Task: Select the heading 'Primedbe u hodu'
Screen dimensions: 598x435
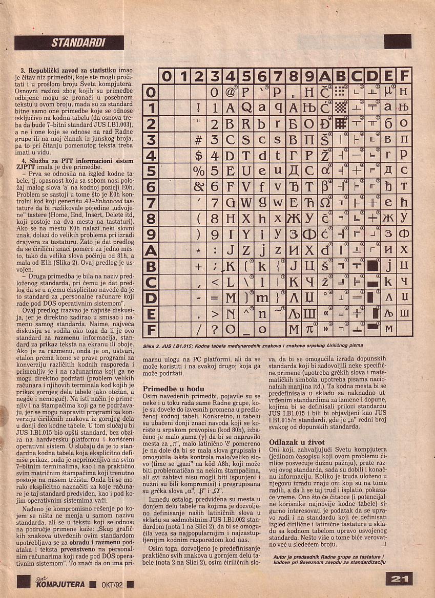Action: point(173,389)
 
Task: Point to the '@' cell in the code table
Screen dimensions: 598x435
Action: point(230,93)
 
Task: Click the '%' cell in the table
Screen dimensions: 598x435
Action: point(199,172)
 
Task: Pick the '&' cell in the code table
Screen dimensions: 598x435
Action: point(199,187)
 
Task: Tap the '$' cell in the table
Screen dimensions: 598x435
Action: point(199,156)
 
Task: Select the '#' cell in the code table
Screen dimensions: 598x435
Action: point(199,140)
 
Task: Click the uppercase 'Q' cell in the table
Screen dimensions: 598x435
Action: point(246,109)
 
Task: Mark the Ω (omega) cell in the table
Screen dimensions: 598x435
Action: point(325,203)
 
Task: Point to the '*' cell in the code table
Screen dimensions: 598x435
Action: point(199,250)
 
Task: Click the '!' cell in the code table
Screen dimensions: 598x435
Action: point(199,109)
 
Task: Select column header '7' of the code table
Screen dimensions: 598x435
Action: point(278,77)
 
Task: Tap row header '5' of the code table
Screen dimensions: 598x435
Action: point(151,172)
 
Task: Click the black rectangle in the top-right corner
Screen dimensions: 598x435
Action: point(398,41)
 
